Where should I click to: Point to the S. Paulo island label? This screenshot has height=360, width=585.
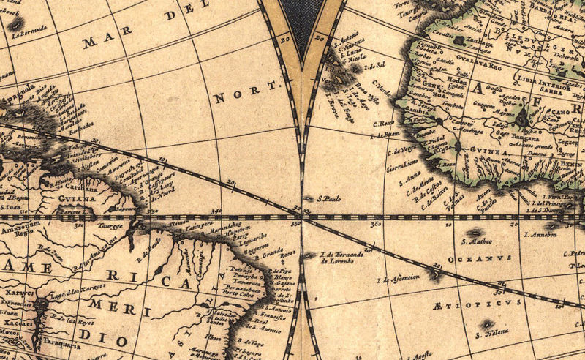point(328,198)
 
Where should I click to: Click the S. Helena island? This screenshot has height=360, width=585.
point(486,323)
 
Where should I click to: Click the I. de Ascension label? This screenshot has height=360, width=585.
point(399,278)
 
